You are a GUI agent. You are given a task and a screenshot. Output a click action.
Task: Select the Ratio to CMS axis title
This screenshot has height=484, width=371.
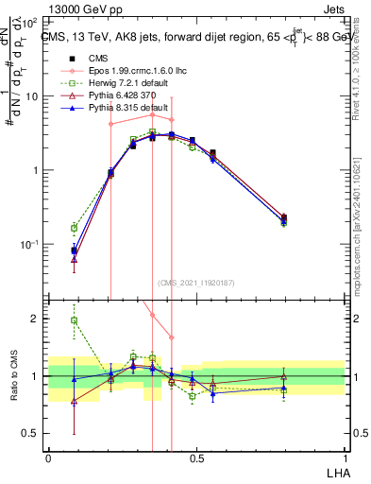tap(13, 376)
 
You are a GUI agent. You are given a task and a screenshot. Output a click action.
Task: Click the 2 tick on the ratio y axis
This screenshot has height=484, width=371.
tap(37, 319)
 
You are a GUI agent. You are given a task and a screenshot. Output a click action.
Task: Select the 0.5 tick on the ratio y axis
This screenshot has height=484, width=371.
tap(31, 433)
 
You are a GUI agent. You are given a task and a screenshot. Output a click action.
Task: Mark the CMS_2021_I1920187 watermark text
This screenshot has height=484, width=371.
tap(196, 282)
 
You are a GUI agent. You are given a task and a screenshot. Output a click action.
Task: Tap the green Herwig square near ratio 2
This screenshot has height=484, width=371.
tap(75, 320)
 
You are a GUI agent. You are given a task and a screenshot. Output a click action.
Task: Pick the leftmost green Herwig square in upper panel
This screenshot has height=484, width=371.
tap(75, 228)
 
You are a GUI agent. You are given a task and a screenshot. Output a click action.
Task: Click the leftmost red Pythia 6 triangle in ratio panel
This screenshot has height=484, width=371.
tap(75, 401)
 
